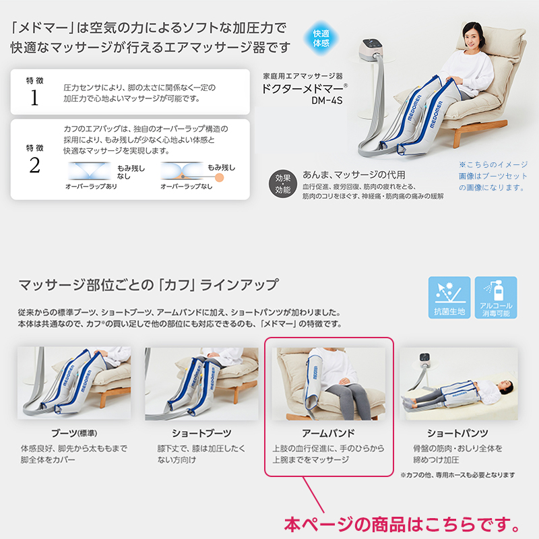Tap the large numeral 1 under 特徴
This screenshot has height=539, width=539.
34,98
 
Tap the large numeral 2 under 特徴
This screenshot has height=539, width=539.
34,165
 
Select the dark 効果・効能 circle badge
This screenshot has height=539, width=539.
282,183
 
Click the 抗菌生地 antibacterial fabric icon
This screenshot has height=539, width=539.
448,296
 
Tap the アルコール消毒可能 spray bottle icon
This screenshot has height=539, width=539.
495,296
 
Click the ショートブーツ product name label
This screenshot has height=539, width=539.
201,433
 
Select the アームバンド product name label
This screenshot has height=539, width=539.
329,433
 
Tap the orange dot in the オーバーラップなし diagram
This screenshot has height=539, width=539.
181,177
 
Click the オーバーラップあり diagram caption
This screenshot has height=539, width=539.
91,186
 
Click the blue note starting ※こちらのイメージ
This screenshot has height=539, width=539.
493,175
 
